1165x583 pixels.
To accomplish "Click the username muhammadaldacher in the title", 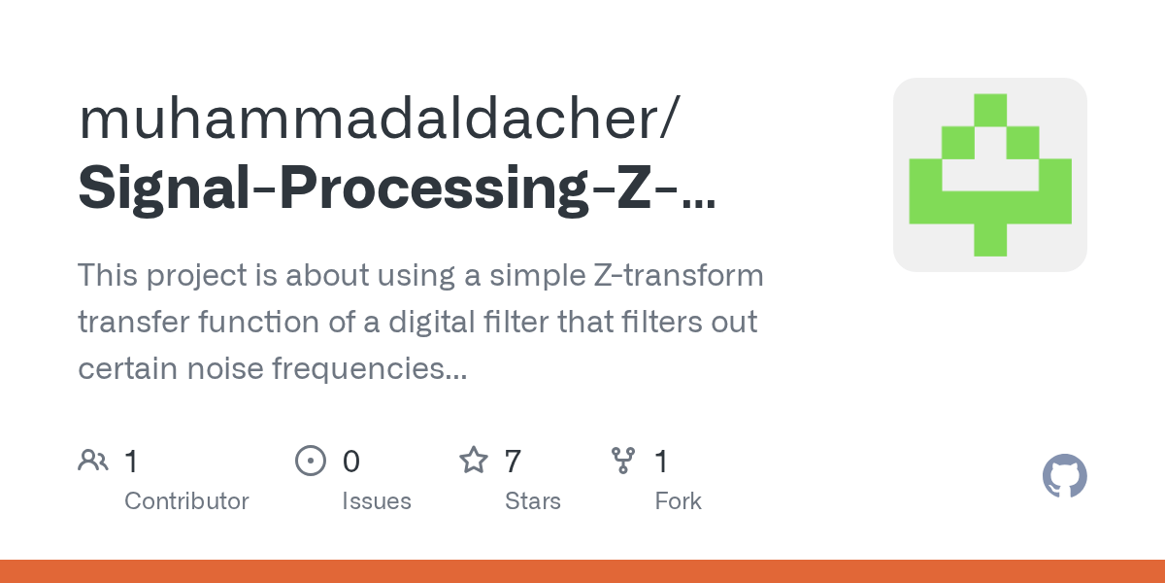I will coord(369,119).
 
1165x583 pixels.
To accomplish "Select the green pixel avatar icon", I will coord(989,175).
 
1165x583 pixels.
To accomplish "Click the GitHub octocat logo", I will coord(1064,476).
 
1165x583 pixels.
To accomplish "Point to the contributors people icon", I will coord(93,461).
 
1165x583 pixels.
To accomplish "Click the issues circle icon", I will coord(310,461).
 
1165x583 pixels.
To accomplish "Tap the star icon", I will coord(473,461).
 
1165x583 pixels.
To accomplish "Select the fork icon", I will coord(622,461).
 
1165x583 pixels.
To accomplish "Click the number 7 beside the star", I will coord(513,461).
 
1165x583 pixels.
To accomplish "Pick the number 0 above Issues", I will coord(350,461).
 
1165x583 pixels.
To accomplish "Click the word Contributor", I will coord(186,501).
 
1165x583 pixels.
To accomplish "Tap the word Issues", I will coord(376,501).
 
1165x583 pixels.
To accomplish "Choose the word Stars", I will coord(532,501).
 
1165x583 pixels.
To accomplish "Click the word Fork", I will coord(678,501).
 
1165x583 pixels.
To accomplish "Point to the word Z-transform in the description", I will coord(677,276).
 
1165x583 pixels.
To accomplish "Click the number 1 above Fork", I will coord(662,461).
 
